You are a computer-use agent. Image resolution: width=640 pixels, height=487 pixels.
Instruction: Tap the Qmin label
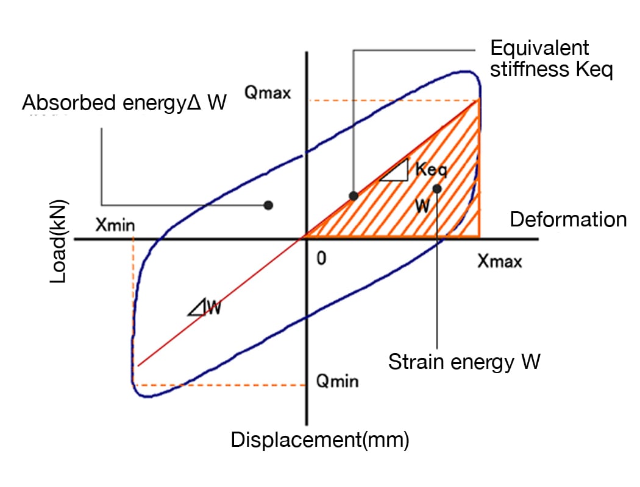(x=337, y=382)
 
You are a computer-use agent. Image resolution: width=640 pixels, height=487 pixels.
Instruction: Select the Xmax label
(x=500, y=262)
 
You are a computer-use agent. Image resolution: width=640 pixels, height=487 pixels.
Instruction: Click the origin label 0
(x=321, y=258)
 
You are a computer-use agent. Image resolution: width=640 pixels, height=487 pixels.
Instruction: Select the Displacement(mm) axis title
(x=320, y=439)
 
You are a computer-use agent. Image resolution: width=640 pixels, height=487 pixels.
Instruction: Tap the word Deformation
(x=568, y=219)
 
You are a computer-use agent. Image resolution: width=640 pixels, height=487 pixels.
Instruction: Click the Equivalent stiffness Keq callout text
(x=551, y=59)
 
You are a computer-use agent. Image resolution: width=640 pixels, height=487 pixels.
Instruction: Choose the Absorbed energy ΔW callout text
(x=124, y=103)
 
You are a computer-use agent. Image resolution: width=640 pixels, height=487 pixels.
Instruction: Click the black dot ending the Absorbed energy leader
(x=268, y=205)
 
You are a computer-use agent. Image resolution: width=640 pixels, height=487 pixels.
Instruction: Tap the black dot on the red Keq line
(x=353, y=195)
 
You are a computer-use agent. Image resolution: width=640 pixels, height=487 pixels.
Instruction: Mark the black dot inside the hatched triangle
(x=437, y=188)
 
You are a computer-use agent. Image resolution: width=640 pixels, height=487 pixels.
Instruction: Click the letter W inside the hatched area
(x=422, y=206)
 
